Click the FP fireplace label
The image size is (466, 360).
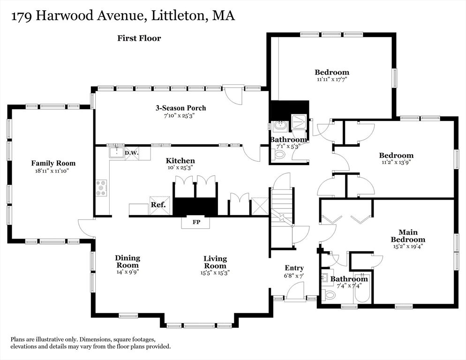(196, 222)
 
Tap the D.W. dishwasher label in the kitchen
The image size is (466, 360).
(131, 152)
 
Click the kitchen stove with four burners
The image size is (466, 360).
(101, 187)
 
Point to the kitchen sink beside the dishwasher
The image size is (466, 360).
(116, 152)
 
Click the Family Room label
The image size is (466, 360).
(53, 163)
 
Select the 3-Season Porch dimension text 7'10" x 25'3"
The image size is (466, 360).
(180, 115)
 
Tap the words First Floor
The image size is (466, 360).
(139, 38)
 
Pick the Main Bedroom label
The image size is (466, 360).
(408, 236)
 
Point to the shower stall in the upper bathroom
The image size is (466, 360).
(299, 123)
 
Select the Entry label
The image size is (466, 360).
(294, 268)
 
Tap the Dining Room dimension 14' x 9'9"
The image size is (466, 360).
(128, 271)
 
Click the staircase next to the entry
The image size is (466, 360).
(282, 211)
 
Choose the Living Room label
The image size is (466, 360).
(215, 262)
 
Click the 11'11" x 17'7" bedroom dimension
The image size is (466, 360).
(331, 79)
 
